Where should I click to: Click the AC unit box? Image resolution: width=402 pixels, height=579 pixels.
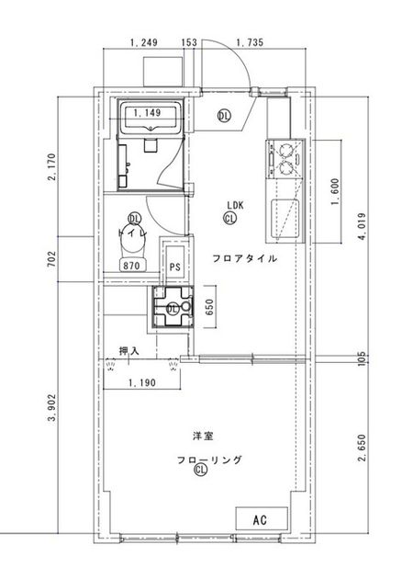(x=262, y=518)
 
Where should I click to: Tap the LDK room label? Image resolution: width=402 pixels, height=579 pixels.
(x=235, y=205)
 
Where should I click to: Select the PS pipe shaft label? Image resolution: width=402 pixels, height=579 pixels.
(x=174, y=267)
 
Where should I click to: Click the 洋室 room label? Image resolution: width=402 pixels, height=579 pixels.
(x=203, y=436)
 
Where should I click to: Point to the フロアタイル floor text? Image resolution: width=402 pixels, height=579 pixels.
(x=244, y=258)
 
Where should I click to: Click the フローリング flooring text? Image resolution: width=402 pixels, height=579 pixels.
(x=209, y=460)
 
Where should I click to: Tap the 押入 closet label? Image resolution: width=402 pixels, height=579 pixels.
(x=129, y=350)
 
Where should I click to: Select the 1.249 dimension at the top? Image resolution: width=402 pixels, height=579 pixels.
(x=144, y=42)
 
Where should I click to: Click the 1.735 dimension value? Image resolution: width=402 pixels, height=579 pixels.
(x=250, y=42)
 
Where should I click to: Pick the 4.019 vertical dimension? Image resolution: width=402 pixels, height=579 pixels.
(x=363, y=226)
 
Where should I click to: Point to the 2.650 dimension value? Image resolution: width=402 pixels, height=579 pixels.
(x=363, y=448)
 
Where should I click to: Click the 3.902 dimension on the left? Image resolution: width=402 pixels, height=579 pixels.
(x=52, y=407)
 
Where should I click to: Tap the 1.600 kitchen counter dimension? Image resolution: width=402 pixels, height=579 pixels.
(x=335, y=192)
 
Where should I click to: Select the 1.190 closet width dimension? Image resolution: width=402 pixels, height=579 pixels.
(x=142, y=382)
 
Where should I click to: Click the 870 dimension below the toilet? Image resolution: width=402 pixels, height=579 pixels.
(x=131, y=265)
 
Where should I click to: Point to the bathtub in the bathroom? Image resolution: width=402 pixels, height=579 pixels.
(x=151, y=117)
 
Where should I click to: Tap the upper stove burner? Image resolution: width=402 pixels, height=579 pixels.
(x=285, y=151)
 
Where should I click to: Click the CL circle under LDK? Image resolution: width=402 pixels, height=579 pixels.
(x=230, y=219)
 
